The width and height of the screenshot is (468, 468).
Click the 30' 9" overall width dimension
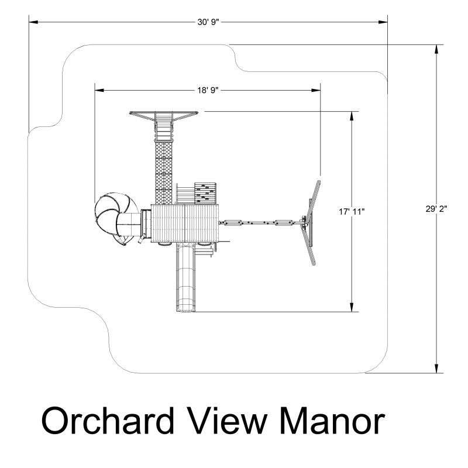pos(209,22)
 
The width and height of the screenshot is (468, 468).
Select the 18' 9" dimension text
pos(209,91)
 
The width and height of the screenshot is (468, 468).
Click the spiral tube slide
pos(114,214)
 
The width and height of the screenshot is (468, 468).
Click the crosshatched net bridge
pos(164,170)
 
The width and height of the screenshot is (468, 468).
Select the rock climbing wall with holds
pos(206,192)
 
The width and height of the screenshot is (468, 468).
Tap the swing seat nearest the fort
pos(233,222)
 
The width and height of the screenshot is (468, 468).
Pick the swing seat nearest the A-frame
pos(284,222)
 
